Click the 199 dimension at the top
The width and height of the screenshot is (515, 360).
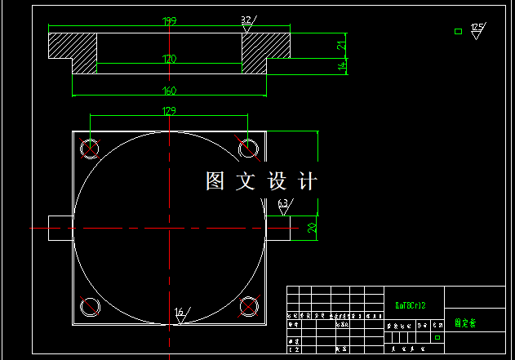coord(170,20)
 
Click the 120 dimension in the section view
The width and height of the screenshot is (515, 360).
coord(170,59)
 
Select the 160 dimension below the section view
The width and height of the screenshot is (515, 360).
coord(170,90)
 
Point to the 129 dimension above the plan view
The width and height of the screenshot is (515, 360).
coord(170,110)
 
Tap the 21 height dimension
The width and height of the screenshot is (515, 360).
coord(343,45)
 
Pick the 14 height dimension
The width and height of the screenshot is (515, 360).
coord(343,66)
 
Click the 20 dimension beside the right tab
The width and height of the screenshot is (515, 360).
coord(312,227)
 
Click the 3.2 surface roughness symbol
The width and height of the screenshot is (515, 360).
coord(246,23)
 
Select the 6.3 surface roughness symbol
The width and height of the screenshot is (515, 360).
coord(283,206)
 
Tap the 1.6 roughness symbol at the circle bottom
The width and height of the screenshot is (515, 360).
coord(180,314)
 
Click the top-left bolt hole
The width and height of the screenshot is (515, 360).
coord(89,148)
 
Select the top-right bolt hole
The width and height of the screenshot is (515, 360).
coord(248,148)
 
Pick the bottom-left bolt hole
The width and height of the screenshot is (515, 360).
coord(89,307)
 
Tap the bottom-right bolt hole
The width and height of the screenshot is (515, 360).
coord(248,307)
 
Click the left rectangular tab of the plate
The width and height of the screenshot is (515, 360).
coord(60,227)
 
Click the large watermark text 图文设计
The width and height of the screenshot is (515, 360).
coord(261,180)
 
